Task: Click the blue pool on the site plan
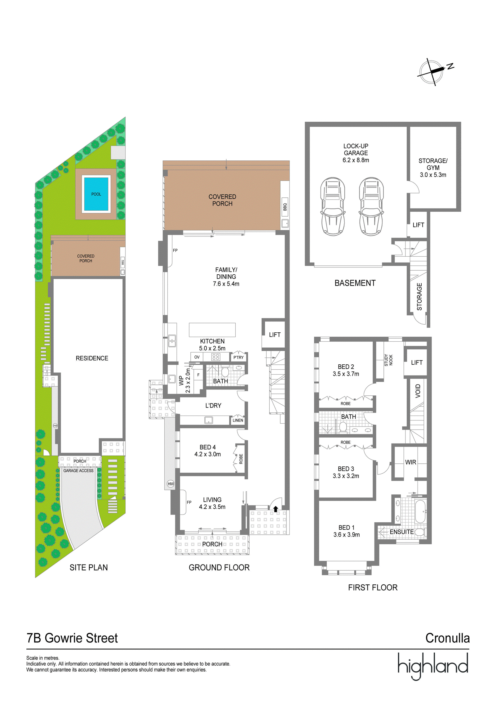(x=96, y=194)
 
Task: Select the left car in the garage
(x=333, y=206)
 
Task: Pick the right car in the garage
(x=371, y=206)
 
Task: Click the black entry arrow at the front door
(x=275, y=509)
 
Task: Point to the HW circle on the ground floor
(x=170, y=484)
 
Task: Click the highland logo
(x=433, y=666)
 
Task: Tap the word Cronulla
(x=447, y=638)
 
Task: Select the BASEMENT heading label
(x=355, y=283)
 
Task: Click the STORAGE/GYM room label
(x=433, y=164)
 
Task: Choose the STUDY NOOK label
(x=388, y=360)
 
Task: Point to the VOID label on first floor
(x=418, y=391)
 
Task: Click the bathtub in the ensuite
(x=420, y=511)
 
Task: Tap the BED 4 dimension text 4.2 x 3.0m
(x=207, y=454)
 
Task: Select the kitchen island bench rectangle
(x=212, y=330)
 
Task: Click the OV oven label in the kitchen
(x=197, y=357)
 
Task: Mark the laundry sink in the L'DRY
(x=209, y=420)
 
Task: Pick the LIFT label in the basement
(x=418, y=225)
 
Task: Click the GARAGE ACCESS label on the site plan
(x=78, y=471)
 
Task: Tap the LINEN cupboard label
(x=238, y=420)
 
